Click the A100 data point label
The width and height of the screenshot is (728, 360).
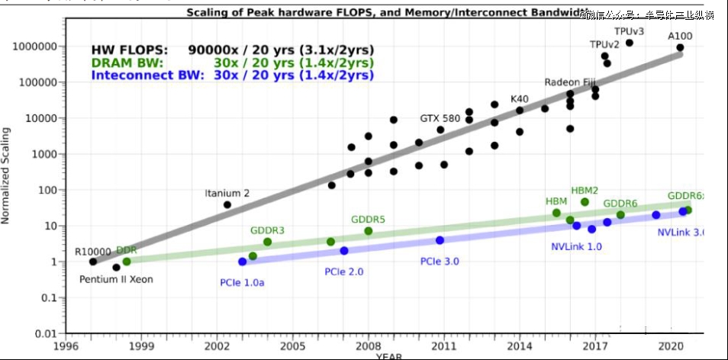[680, 36]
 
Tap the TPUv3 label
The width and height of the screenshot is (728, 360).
[630, 31]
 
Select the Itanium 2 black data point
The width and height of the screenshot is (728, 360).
[227, 204]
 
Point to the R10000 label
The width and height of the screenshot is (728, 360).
[92, 251]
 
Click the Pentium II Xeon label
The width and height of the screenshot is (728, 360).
[116, 279]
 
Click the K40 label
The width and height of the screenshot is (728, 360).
[519, 99]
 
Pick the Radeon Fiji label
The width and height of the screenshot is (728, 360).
[569, 82]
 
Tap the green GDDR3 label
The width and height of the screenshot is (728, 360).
[267, 230]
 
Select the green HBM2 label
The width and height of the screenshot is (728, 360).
[585, 190]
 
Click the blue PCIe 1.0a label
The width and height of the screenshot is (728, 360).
[242, 283]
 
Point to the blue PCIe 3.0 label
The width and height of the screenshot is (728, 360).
[440, 262]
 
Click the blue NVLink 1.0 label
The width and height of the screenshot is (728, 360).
[576, 246]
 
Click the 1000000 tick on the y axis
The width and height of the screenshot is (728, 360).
[34, 47]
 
